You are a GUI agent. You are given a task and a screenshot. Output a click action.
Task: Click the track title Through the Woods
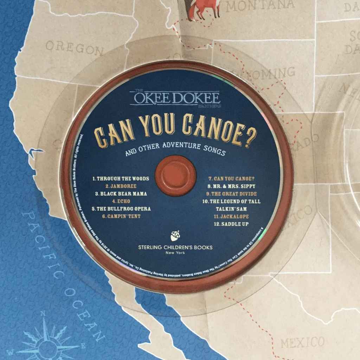[x=121, y=179]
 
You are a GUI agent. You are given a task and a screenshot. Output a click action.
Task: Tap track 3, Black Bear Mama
[x=121, y=194]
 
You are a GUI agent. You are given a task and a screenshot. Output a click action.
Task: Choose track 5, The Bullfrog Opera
[x=121, y=209]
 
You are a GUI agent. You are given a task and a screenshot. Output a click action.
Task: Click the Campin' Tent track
[x=121, y=217]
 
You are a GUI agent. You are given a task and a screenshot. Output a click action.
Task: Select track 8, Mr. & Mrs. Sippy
[x=231, y=186]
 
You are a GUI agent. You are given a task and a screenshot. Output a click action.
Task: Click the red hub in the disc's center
[x=175, y=175]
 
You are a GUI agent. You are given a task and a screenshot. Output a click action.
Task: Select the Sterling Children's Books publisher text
[x=175, y=247]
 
